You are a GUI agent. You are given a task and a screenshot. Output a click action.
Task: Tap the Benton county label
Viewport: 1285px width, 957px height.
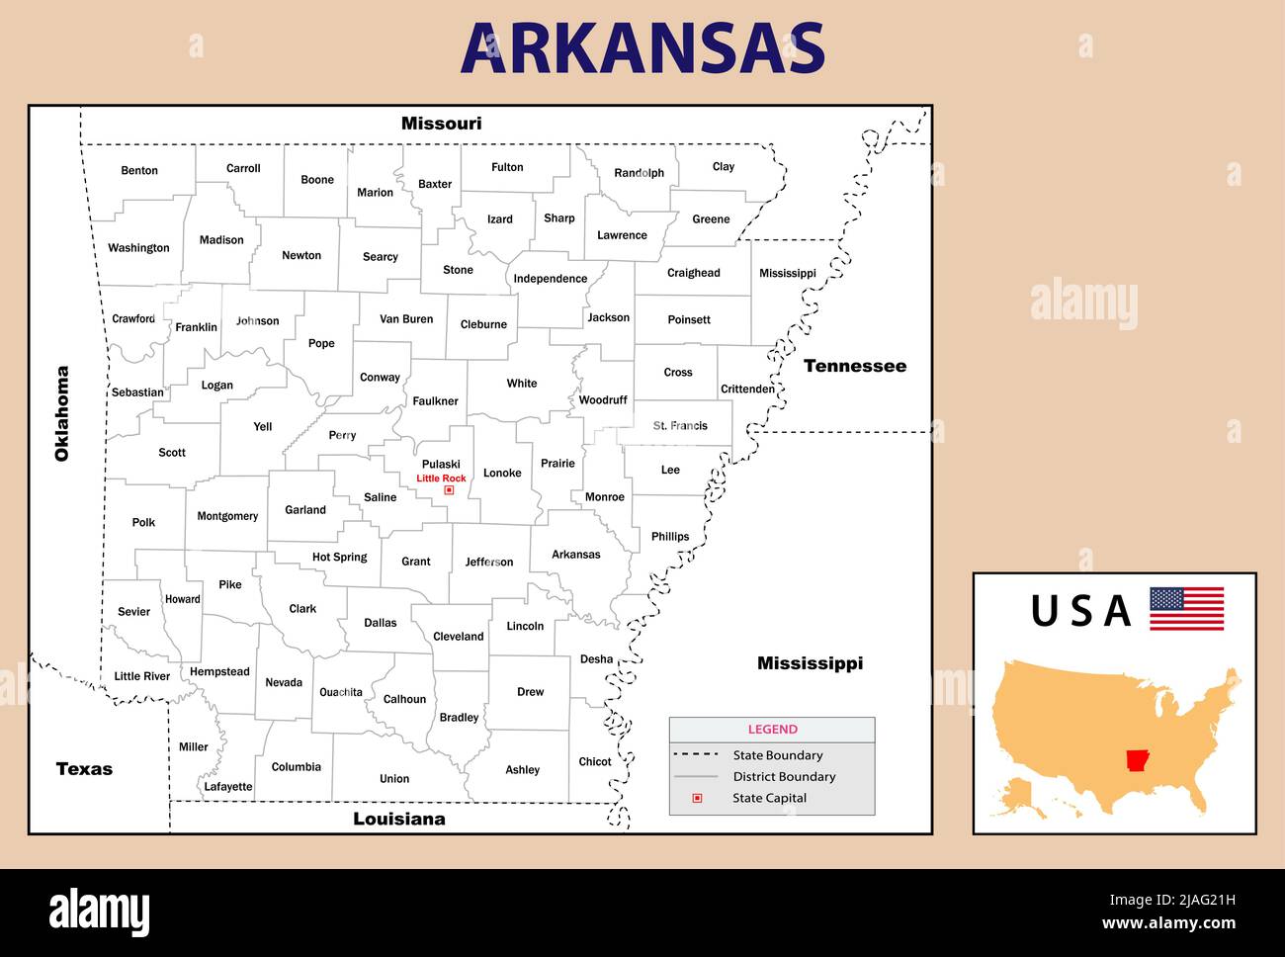pos(139,171)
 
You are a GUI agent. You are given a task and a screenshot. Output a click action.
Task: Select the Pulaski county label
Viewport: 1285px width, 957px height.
pos(441,465)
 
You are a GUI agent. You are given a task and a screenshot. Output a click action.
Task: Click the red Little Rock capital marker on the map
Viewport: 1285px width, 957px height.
pos(449,490)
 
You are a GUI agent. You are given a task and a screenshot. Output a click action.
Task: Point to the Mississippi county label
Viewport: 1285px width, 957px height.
pos(787,274)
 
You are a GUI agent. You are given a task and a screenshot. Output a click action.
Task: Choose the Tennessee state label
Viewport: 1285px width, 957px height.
pos(854,366)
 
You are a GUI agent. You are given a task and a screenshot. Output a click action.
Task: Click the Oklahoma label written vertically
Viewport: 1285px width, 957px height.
pos(62,413)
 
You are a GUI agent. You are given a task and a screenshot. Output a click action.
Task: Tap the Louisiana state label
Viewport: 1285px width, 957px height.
pos(398,819)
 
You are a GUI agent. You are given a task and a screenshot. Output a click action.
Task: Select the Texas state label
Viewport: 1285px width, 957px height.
pos(84,769)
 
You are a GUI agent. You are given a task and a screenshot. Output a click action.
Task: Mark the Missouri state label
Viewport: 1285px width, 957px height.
pos(441,124)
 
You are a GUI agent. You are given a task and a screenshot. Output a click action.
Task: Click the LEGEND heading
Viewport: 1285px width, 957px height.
pos(772,730)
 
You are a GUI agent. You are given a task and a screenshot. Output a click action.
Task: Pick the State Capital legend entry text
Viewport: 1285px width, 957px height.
pos(769,798)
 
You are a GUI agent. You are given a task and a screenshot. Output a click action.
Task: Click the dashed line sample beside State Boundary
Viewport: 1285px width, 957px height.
pos(696,754)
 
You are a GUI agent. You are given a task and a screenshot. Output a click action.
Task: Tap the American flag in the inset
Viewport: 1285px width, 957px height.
pos(1186,609)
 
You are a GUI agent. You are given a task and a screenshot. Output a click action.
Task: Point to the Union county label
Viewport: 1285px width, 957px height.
pos(394,779)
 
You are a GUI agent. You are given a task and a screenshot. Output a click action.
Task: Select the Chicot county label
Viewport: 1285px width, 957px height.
pos(594,762)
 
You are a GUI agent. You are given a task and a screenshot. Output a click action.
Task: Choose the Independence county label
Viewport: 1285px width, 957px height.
pos(550,279)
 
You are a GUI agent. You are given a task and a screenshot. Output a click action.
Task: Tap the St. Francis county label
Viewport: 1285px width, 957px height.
pos(680,426)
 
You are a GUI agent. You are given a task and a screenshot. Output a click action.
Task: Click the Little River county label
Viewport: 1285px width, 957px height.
pos(142,676)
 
